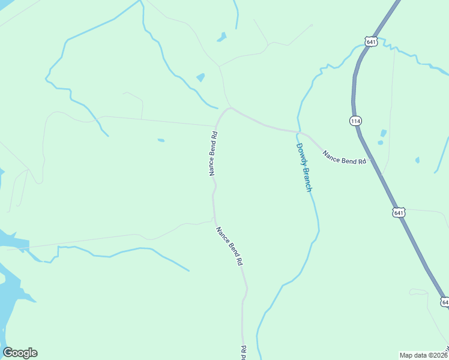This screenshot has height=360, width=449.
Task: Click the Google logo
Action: pyautogui.click(x=20, y=353)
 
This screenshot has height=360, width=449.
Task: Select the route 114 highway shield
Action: pyautogui.click(x=355, y=121)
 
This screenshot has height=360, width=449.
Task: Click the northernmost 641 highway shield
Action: pyautogui.click(x=370, y=41)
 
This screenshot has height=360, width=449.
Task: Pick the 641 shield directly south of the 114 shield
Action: pyautogui.click(x=399, y=212)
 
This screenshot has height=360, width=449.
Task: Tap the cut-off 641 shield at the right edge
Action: pyautogui.click(x=444, y=302)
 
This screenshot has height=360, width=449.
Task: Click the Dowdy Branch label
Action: pyautogui.click(x=304, y=167)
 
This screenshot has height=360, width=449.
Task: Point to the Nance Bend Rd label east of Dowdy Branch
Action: pyautogui.click(x=344, y=158)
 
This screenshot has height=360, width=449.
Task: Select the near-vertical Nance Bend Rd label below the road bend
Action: pyautogui.click(x=213, y=152)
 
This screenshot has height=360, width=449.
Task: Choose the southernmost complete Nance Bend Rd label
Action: pyautogui.click(x=230, y=245)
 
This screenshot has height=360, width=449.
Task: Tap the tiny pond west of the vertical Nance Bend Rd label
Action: pyautogui.click(x=161, y=140)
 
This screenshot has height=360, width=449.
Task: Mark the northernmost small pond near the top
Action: pyautogui.click(x=222, y=37)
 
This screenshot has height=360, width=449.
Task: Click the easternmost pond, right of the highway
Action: pyautogui.click(x=417, y=160)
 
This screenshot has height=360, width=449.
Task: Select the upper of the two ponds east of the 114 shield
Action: pyautogui.click(x=384, y=133)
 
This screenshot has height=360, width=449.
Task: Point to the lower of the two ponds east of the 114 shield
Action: pyautogui.click(x=380, y=143)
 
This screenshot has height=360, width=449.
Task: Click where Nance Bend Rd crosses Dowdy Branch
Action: pyautogui.click(x=298, y=131)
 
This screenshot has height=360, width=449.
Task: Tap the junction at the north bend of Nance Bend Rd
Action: pyautogui.click(x=229, y=109)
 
